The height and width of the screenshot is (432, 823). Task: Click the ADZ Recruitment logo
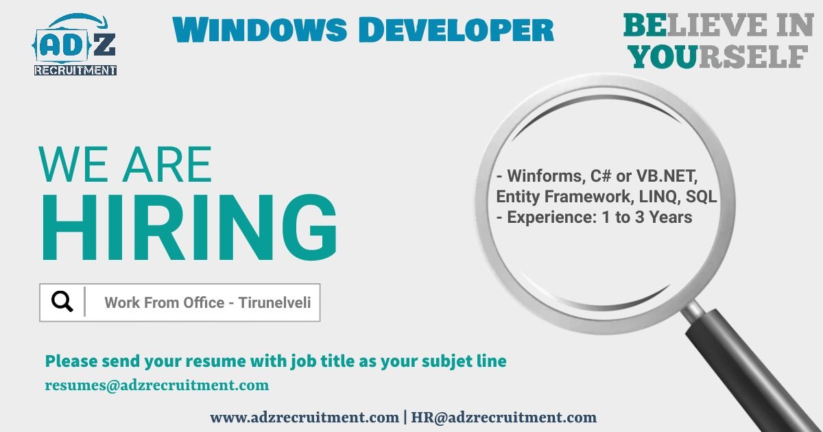coord(75,45)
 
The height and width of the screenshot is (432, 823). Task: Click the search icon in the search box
coord(62,302)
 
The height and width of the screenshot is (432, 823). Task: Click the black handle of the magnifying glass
coord(754,370)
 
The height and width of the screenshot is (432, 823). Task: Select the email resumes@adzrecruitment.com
coord(157,385)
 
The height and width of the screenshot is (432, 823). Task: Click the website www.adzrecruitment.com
coord(304,417)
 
